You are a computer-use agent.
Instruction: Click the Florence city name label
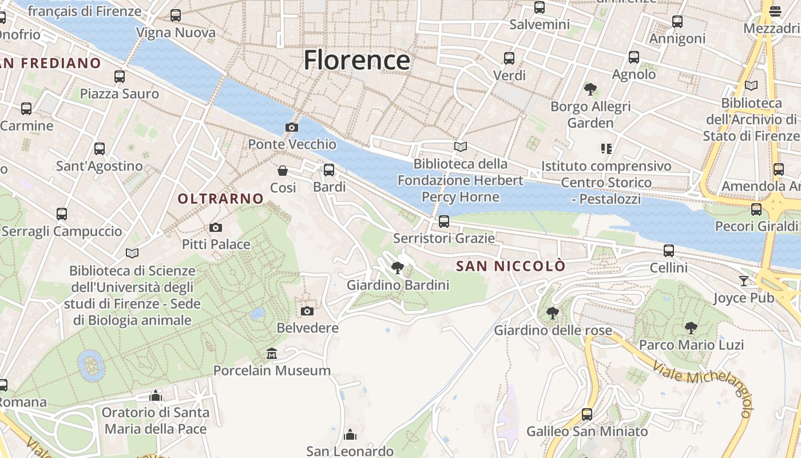[356, 60]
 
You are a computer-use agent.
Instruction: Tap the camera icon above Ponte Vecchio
[292, 127]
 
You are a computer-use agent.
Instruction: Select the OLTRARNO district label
[220, 199]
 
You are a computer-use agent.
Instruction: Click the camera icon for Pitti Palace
[216, 227]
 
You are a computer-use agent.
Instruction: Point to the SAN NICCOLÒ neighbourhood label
[510, 266]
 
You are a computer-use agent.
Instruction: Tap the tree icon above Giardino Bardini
[398, 267]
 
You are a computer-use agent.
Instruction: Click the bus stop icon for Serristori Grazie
[444, 221]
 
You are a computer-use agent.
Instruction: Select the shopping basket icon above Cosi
[283, 170]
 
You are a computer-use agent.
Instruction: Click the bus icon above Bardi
[329, 169]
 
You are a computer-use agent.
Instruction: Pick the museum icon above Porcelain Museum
[272, 353]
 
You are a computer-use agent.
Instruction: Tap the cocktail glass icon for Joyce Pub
[743, 281]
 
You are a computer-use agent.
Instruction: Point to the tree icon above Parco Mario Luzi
[691, 327]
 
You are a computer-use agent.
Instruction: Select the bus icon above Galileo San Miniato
[587, 414]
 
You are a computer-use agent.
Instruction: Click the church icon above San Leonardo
[350, 435]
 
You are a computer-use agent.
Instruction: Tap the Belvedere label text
[307, 328]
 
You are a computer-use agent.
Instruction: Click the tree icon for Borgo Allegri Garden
[590, 89]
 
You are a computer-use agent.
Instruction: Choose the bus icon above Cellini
[669, 250]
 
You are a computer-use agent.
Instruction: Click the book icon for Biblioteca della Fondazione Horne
[461, 147]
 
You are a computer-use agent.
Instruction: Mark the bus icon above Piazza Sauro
[120, 76]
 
